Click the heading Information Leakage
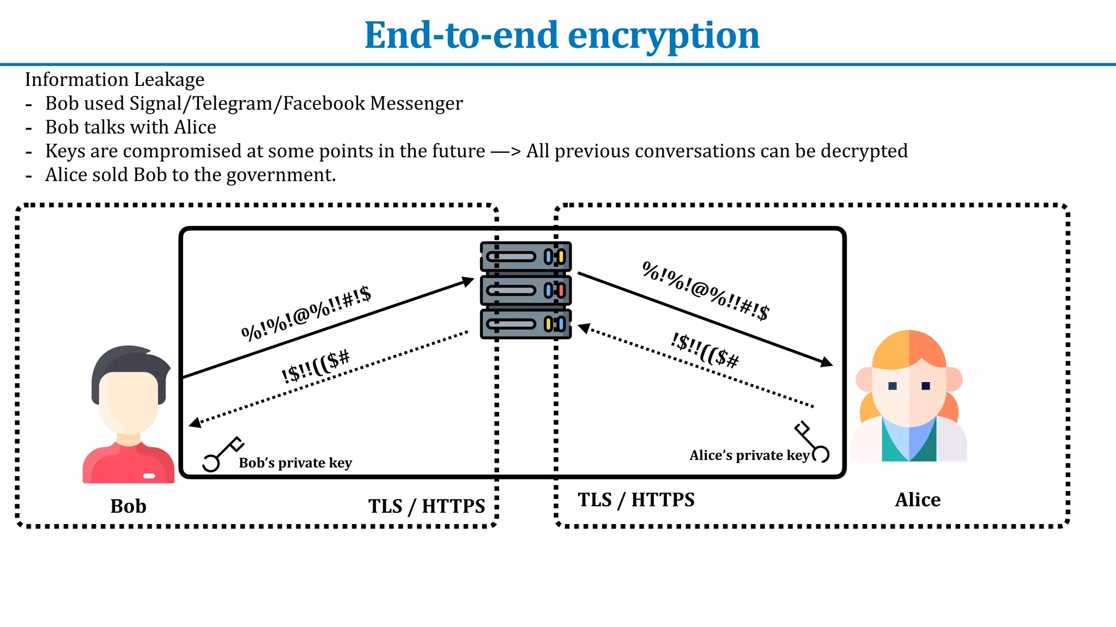114,79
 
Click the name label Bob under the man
128,506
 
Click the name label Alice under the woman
918,500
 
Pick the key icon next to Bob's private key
222,454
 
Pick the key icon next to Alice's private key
812,442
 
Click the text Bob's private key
295,463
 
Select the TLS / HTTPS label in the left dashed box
426,506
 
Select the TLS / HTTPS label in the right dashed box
636,500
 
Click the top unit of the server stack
525,256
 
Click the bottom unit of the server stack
525,324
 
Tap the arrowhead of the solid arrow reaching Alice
827,362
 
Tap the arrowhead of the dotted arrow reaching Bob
195,422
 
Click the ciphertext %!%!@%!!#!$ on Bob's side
306,313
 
